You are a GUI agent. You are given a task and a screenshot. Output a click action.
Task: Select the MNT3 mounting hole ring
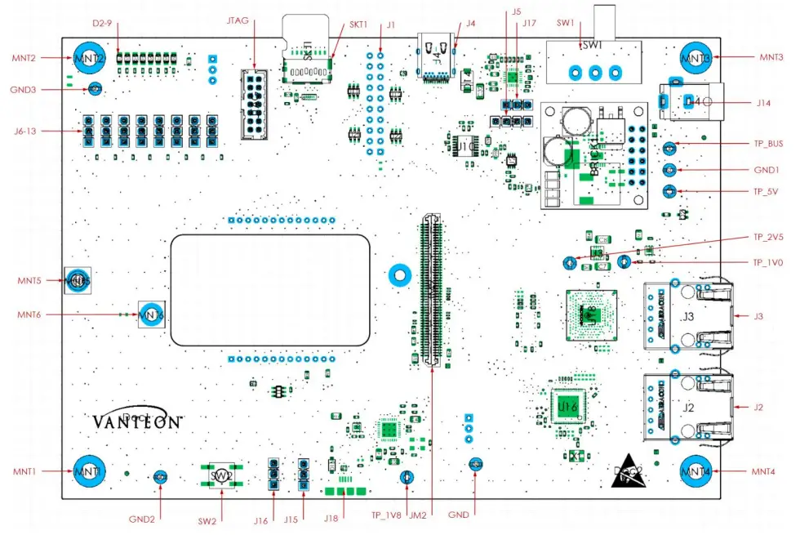pos(696,59)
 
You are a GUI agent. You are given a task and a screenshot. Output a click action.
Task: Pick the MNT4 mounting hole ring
pos(696,471)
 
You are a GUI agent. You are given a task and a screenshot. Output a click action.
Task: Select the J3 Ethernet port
pos(686,315)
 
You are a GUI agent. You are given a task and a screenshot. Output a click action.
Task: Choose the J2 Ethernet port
pos(686,406)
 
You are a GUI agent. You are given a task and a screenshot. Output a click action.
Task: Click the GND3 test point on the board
pos(95,88)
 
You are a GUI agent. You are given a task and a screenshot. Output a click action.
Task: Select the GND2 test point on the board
pos(160,476)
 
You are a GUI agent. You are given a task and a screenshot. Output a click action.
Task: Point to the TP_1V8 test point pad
pos(402,477)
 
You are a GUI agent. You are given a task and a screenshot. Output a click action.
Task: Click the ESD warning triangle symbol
pos(630,473)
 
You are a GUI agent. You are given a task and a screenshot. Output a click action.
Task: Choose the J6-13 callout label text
pos(29,131)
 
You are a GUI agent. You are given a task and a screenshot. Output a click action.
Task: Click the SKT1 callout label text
pos(358,25)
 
